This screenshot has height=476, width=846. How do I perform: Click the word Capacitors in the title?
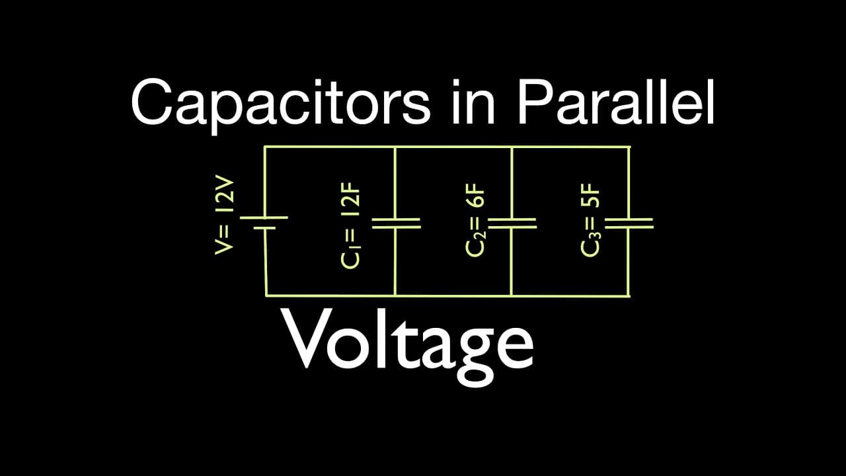[281, 103]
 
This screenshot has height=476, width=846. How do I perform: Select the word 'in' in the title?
[473, 102]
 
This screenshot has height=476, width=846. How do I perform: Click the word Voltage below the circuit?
[408, 348]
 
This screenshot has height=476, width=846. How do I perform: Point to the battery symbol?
[264, 223]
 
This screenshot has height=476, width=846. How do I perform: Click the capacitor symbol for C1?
[396, 223]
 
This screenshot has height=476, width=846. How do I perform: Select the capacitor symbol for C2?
[512, 223]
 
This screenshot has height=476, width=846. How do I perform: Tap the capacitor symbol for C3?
[629, 223]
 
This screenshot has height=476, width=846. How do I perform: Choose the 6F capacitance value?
[475, 196]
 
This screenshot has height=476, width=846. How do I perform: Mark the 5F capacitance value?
[590, 196]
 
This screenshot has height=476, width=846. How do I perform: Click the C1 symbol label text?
[351, 258]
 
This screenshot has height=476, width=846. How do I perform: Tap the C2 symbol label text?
[475, 245]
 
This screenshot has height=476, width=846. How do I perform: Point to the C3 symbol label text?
[591, 245]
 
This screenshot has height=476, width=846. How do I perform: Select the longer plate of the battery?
[264, 218]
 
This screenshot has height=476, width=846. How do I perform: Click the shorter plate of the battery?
[264, 228]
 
